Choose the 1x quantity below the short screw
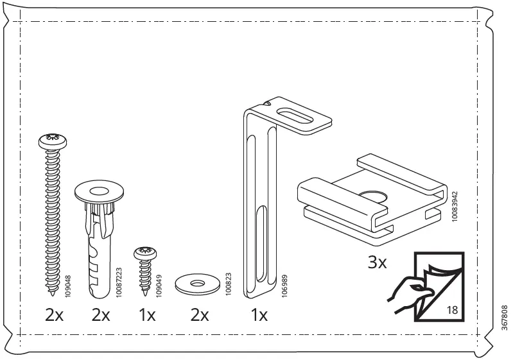[x=146, y=316]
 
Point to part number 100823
[x=228, y=282]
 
